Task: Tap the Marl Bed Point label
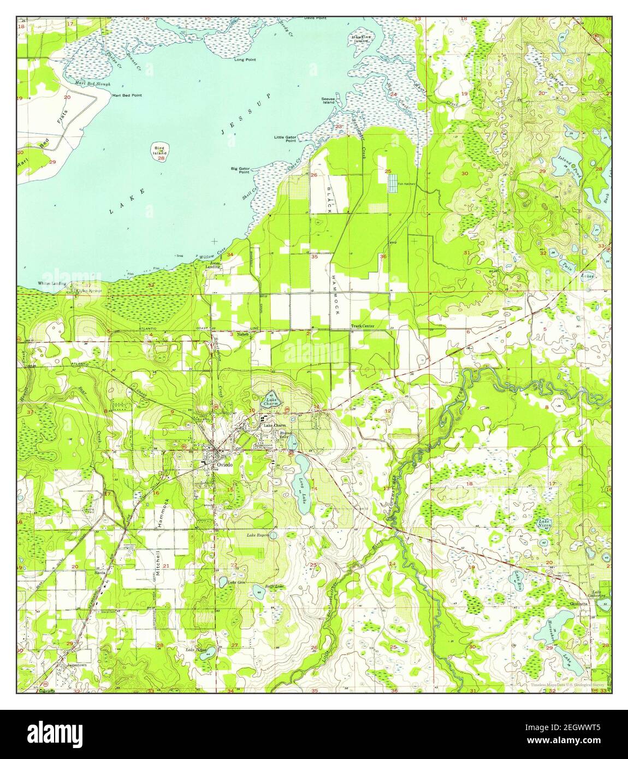127,95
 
